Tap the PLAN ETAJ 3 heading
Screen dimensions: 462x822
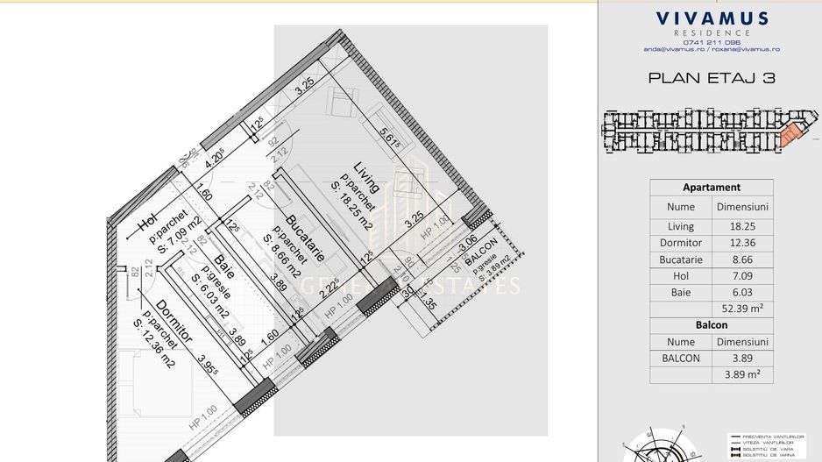[x=711, y=78]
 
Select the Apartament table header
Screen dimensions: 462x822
[x=711, y=188]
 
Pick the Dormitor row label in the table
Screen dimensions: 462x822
[x=680, y=243]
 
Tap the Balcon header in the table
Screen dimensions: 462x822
[x=711, y=325]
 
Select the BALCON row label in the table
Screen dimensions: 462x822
[x=680, y=358]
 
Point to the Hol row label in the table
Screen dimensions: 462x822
[x=680, y=276]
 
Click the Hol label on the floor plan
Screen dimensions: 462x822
[x=146, y=223]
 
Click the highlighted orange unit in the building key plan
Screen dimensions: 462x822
[x=791, y=134]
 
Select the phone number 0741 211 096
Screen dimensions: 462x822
[x=711, y=42]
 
